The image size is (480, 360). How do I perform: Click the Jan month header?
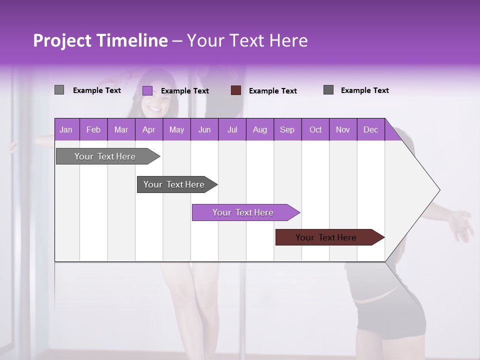point(66,130)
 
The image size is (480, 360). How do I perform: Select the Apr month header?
point(148,130)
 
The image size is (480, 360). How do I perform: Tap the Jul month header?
point(232,130)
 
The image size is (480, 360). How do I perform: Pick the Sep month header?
point(287,130)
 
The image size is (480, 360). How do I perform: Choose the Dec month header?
point(370,130)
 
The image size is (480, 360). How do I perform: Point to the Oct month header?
point(315,130)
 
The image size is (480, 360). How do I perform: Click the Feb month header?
point(93,130)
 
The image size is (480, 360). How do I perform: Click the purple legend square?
point(147,90)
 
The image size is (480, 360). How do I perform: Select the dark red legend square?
point(236,90)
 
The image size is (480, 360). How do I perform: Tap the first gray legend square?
point(59,90)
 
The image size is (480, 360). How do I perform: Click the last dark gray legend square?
point(328,90)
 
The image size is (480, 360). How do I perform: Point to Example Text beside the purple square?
point(185,91)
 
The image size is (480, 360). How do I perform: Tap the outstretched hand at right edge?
point(461,225)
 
